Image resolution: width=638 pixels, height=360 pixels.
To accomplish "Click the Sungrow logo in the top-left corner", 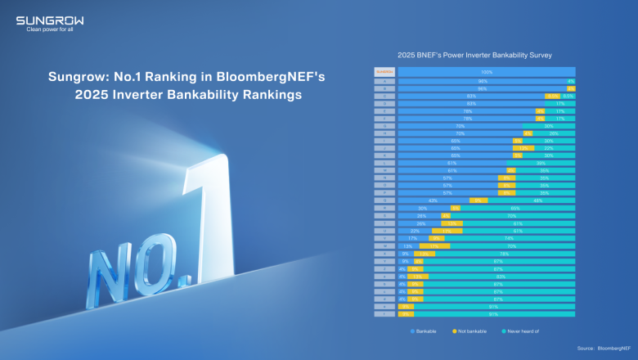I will click(x=49, y=20).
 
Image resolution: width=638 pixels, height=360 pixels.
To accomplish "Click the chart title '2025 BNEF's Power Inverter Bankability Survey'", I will click(x=474, y=56).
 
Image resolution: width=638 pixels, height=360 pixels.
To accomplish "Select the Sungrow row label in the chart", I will click(x=384, y=72).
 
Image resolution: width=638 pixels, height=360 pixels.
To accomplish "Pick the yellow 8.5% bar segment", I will click(x=554, y=96).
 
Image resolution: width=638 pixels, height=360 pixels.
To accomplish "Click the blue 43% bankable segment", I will click(x=434, y=200).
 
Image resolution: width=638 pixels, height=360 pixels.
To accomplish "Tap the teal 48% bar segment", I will click(x=537, y=200).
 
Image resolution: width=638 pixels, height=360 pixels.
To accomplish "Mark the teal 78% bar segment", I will click(x=504, y=254).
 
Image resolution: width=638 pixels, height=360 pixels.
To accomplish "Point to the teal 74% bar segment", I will click(x=509, y=238).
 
